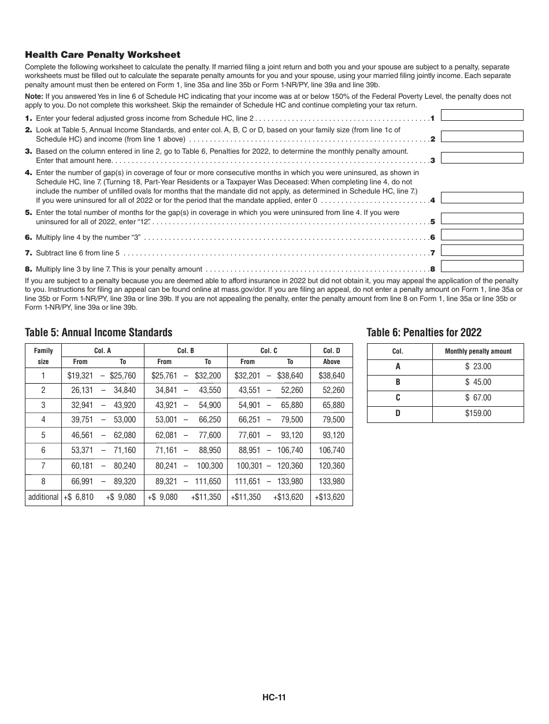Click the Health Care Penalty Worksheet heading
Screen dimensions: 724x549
(x=103, y=55)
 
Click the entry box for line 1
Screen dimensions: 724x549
(x=482, y=116)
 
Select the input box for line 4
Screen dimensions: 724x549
(x=482, y=198)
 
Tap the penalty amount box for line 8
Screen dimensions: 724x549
(x=482, y=266)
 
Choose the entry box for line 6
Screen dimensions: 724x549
(x=482, y=235)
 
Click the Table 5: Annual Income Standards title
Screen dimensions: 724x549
(x=99, y=332)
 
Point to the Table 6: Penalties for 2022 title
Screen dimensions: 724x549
(x=424, y=332)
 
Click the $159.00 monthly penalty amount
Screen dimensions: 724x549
(x=478, y=413)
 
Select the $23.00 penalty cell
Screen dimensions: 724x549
(x=478, y=366)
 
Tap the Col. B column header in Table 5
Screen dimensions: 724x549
(x=185, y=351)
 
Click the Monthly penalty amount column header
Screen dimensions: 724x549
(x=478, y=351)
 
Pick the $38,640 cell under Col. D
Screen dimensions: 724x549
(x=331, y=376)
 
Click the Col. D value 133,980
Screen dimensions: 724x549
(x=331, y=481)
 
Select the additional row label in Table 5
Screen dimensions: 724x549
(x=43, y=497)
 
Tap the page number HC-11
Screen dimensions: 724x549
(x=274, y=697)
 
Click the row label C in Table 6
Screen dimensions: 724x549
(x=398, y=398)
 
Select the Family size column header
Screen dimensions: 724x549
(x=43, y=356)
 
